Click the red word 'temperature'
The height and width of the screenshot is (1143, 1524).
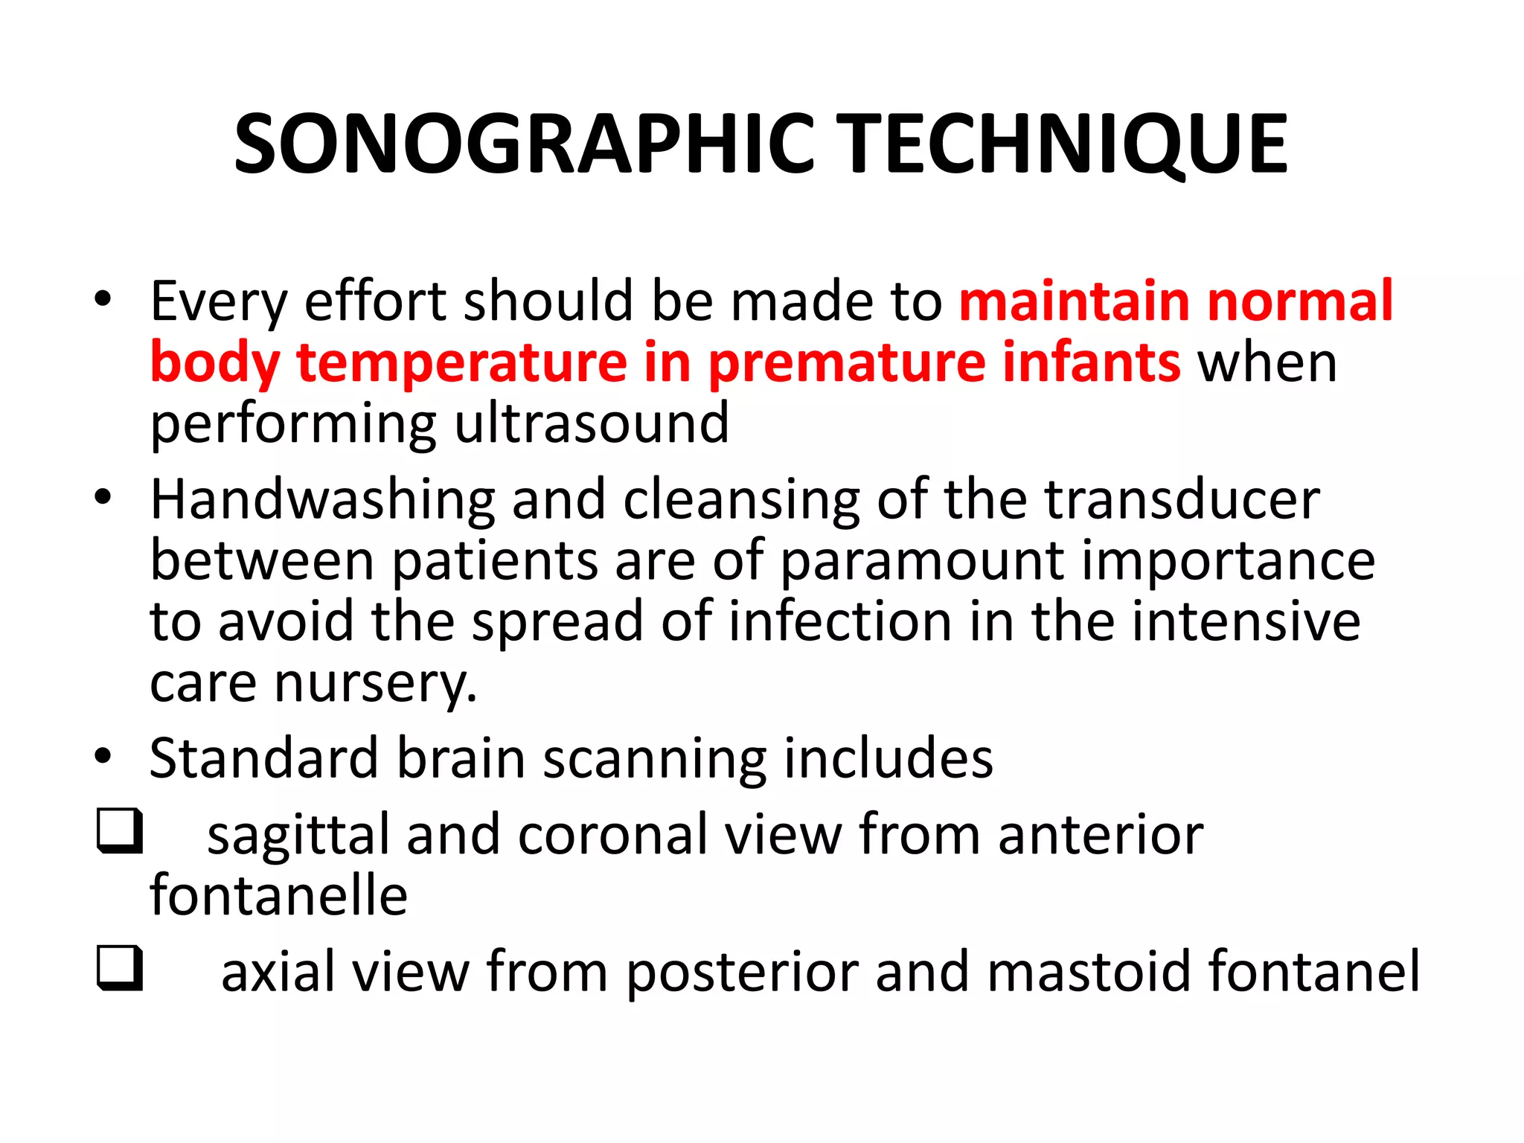(x=461, y=362)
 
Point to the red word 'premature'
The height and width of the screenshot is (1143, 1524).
(x=845, y=362)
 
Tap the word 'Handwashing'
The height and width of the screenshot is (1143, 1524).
(x=322, y=499)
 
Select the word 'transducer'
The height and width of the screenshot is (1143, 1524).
(x=1182, y=499)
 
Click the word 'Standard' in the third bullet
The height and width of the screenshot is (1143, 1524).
(x=263, y=758)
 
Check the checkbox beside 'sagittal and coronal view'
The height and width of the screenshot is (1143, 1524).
(x=119, y=831)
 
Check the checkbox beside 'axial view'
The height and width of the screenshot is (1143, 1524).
(x=119, y=968)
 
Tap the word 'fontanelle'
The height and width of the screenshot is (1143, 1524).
(x=278, y=895)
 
